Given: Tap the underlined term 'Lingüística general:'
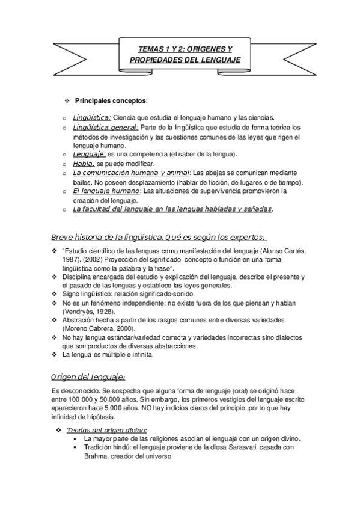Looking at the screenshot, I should pos(106,127).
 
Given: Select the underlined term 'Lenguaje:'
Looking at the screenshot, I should pos(90,154).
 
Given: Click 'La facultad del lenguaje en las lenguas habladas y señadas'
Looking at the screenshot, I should pos(172,209).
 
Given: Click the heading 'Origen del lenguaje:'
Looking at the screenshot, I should pos(88,377).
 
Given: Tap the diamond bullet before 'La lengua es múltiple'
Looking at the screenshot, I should pos(56,355).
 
